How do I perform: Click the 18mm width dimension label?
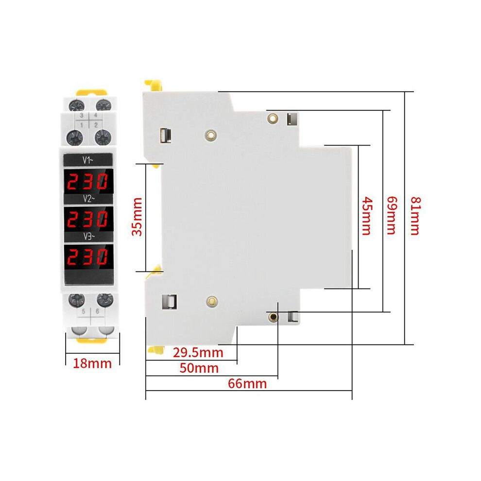[x=92, y=363]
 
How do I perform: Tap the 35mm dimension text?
[x=137, y=217]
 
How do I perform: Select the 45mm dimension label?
[x=367, y=216]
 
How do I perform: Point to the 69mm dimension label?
[x=392, y=215]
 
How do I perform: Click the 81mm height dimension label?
[x=416, y=216]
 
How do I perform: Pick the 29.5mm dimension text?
[x=198, y=353]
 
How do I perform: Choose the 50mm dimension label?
[x=199, y=368]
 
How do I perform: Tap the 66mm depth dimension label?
[x=247, y=384]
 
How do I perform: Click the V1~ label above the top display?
[x=88, y=160]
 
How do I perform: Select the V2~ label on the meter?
[x=88, y=199]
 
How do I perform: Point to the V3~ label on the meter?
[x=89, y=237]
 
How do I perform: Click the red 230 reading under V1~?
[x=88, y=181]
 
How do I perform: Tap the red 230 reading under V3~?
[x=88, y=257]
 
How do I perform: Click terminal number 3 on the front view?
[x=82, y=115]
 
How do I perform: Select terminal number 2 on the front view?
[x=96, y=125]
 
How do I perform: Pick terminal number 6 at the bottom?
[x=98, y=311]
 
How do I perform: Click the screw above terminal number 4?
[x=103, y=105]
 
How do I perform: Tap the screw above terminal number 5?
[x=76, y=300]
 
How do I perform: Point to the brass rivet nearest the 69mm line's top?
[x=273, y=118]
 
